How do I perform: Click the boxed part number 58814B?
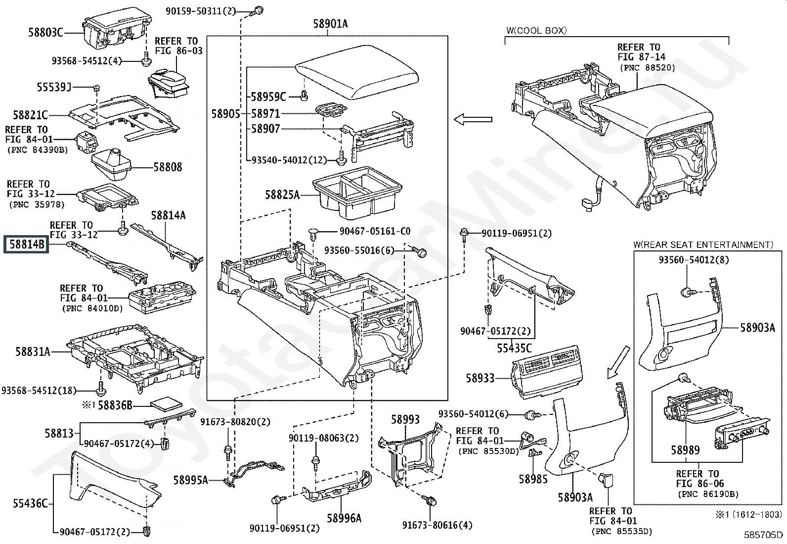26,244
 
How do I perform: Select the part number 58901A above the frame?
330,24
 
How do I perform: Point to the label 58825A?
282,195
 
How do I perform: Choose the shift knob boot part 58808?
111,164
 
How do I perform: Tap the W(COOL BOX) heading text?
536,31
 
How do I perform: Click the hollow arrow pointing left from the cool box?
473,120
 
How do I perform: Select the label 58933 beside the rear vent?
480,378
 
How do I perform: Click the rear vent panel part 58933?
546,372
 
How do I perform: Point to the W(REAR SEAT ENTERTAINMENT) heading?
703,245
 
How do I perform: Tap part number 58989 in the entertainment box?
685,450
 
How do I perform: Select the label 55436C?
30,503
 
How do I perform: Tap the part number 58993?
405,419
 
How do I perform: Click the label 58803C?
45,33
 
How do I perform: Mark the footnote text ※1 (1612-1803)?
748,515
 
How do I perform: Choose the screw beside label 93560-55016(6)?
420,252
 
